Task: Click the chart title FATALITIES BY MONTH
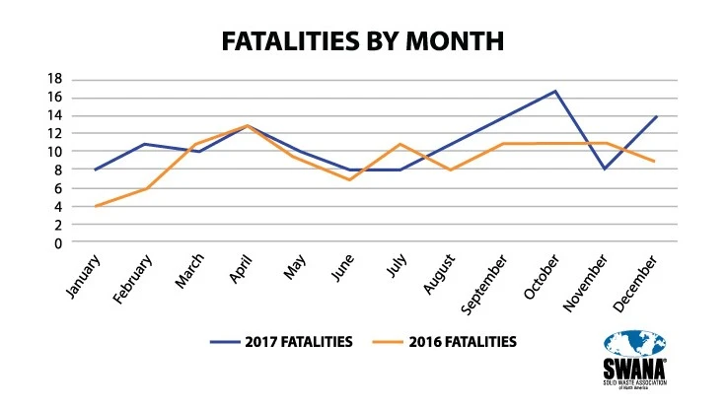pyautogui.click(x=362, y=40)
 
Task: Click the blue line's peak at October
pyautogui.click(x=555, y=91)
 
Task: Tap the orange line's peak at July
pyautogui.click(x=399, y=144)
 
